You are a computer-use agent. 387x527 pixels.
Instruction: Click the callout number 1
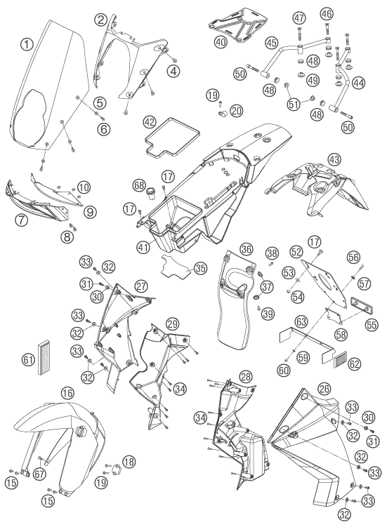coord(27,44)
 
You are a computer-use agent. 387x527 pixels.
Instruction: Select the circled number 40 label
coord(221,42)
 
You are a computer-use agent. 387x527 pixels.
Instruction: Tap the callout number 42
coord(150,122)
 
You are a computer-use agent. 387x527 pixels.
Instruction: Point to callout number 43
coord(334,160)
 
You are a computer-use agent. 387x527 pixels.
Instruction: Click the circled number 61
coord(28,360)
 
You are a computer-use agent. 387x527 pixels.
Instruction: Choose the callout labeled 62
coord(355,363)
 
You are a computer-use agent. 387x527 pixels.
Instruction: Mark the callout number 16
coord(67,392)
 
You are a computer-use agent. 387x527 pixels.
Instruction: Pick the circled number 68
coord(138,185)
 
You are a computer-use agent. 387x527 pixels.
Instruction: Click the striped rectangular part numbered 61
coord(44,358)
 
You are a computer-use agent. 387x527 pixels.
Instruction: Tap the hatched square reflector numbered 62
coord(339,360)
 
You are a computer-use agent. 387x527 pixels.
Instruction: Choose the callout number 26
coord(324,389)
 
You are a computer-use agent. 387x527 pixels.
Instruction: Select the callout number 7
coord(21,220)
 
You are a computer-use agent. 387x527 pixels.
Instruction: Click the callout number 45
coord(271,43)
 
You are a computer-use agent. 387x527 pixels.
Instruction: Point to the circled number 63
coord(301,321)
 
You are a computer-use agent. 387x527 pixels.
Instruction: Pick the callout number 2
coord(101,20)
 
